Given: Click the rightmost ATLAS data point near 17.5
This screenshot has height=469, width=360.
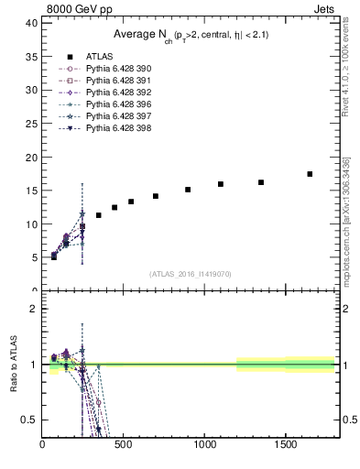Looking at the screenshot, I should [310, 174].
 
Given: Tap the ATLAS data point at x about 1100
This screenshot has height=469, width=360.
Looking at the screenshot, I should [221, 184].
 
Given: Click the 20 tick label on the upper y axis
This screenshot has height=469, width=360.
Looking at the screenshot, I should [32, 158].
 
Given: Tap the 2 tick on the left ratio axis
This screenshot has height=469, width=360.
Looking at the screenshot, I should [34, 309].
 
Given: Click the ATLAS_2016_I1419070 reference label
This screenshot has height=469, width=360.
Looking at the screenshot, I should [191, 274].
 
